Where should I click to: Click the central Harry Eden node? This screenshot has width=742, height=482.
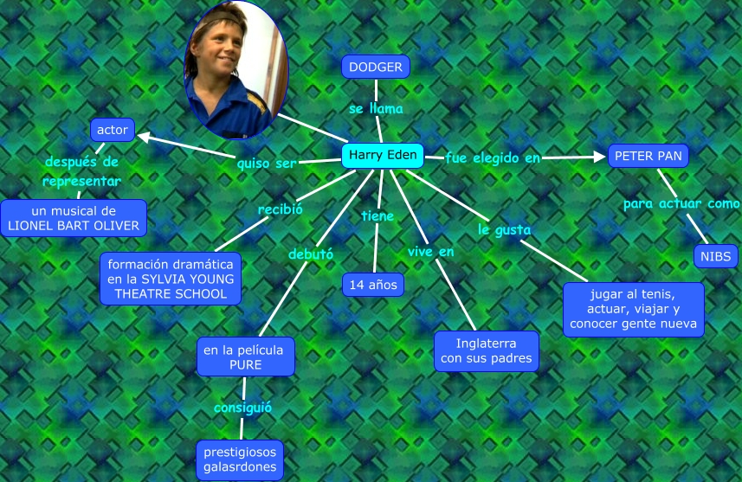click(383, 156)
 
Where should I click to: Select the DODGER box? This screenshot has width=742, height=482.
click(375, 67)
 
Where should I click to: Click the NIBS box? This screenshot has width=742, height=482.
click(715, 256)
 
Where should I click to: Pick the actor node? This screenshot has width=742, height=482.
click(113, 130)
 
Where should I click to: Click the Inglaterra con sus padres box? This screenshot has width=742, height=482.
click(486, 350)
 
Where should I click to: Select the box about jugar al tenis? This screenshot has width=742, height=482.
click(633, 309)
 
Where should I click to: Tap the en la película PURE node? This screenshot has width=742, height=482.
click(245, 357)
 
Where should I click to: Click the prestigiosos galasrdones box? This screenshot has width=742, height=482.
click(240, 460)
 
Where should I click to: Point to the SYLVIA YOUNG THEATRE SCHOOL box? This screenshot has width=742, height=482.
click(171, 278)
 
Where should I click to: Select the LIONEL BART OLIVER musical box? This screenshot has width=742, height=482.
click(74, 218)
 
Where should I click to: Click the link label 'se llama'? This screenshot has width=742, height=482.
click(376, 110)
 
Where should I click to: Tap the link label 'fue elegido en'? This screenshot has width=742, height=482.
click(493, 157)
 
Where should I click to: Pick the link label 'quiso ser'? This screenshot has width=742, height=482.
click(267, 162)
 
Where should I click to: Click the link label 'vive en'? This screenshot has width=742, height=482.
click(431, 251)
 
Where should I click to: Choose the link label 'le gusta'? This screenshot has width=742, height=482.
click(504, 229)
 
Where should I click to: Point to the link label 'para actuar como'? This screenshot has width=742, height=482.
click(681, 203)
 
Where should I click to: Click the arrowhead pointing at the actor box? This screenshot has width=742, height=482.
click(141, 135)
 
